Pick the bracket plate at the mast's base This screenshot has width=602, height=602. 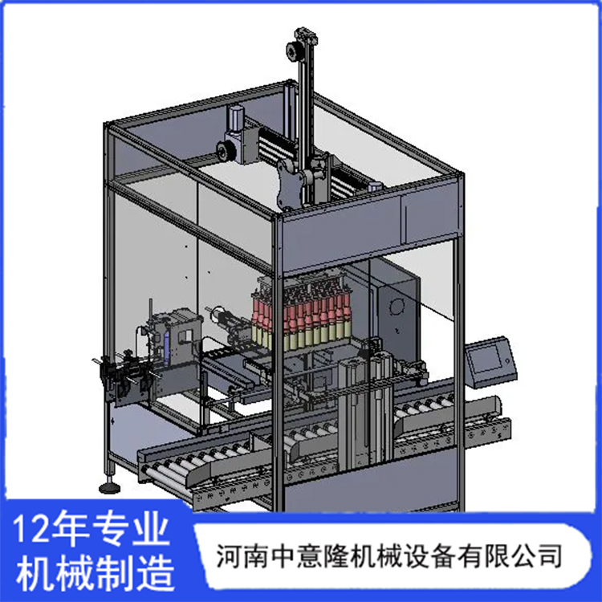click(290, 184)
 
